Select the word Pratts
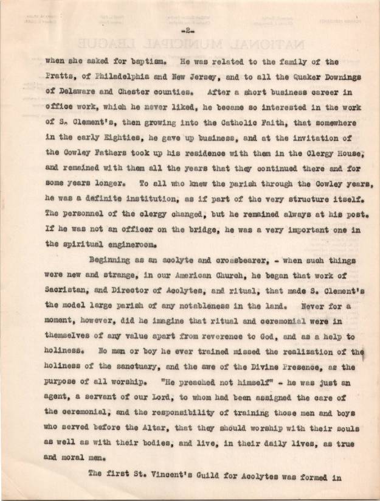[x=60, y=78]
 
